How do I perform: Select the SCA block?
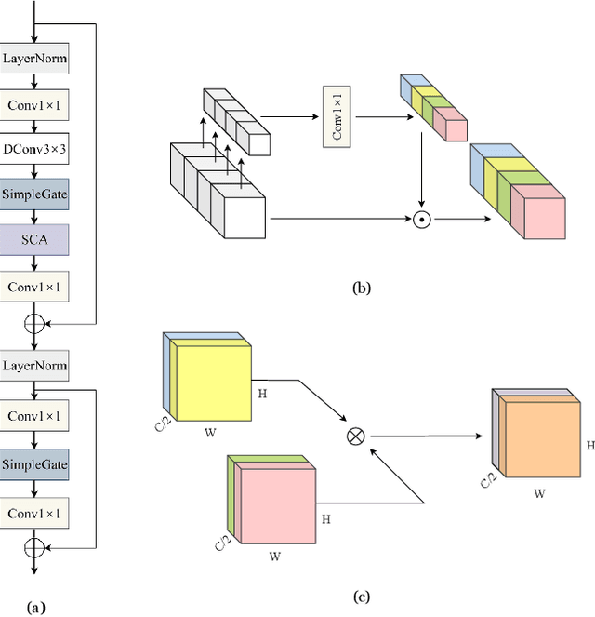coord(34,239)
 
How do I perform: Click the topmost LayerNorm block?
coord(34,59)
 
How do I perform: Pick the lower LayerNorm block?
coord(34,366)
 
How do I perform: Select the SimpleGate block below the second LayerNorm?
coord(34,463)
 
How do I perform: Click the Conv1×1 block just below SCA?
coord(34,286)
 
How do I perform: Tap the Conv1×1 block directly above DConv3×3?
coord(34,105)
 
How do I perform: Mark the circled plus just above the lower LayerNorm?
coord(34,323)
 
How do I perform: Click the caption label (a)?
coord(35,608)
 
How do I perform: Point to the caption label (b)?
coord(362,288)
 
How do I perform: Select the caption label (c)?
coord(362,597)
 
